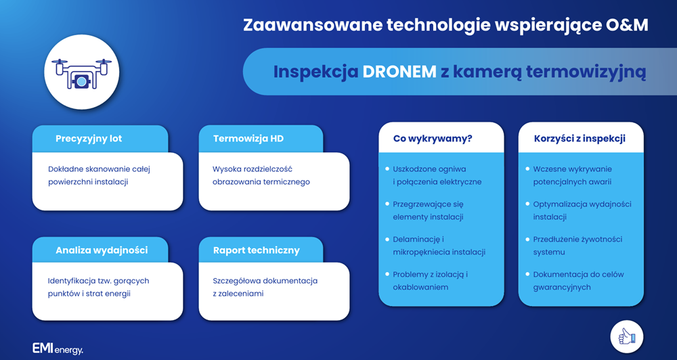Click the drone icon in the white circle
pos(81,74)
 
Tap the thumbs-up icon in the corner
pos(626,336)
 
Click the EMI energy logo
pos(58,348)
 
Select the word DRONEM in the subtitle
pos(399,72)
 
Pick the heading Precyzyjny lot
pos(89,139)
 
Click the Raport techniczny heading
pos(256,250)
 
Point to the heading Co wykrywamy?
pos(433,139)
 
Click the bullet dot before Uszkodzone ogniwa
pos(387,168)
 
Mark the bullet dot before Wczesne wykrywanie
pos(527,168)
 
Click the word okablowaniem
pos(420,287)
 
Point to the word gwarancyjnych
pos(562,287)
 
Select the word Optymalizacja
pos(561,204)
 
